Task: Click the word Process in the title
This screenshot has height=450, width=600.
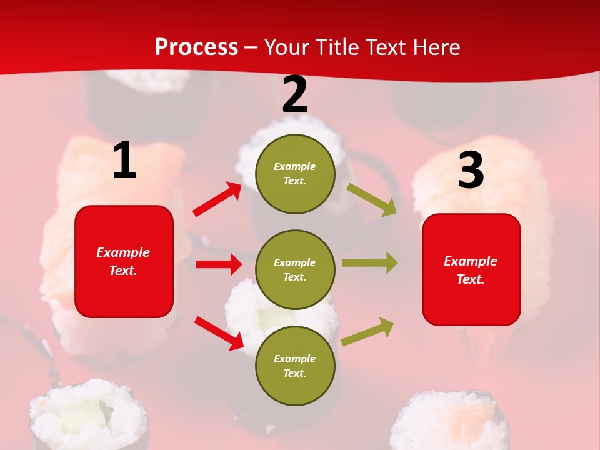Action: [196, 47]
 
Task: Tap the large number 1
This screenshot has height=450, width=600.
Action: [124, 161]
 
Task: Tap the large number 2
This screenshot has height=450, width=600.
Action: [295, 95]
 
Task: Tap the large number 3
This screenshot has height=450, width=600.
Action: [471, 170]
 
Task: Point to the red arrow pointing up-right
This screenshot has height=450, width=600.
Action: [217, 199]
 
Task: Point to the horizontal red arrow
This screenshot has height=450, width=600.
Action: [219, 264]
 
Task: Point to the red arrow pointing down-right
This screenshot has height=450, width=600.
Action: [219, 332]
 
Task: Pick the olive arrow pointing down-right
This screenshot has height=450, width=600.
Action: [372, 199]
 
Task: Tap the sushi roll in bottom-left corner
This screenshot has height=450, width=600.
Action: [89, 416]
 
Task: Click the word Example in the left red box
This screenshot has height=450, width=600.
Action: [123, 252]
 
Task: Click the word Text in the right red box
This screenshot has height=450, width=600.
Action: [469, 279]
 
